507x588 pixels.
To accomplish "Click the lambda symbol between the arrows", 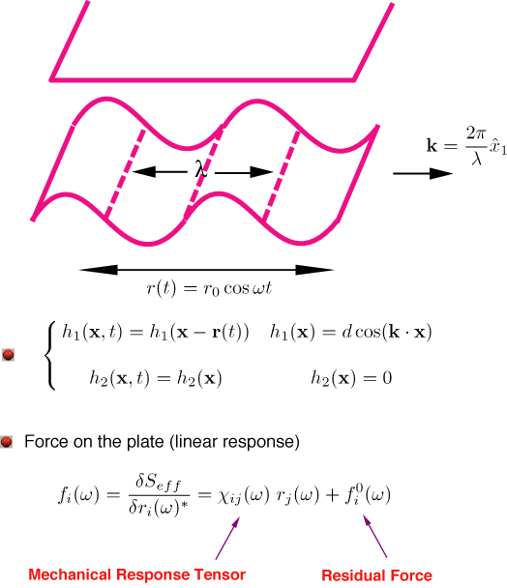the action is click(x=201, y=168).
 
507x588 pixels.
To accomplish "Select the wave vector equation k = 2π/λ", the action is click(x=466, y=145).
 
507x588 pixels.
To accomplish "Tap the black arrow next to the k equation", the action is click(x=423, y=173).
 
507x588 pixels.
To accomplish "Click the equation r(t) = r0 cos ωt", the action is click(x=209, y=288).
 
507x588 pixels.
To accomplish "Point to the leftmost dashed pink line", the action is click(x=125, y=173).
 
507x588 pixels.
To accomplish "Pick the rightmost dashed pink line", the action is click(x=282, y=175).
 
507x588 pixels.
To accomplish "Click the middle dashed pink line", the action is click(x=204, y=172).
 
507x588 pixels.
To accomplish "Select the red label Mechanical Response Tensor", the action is click(x=137, y=574).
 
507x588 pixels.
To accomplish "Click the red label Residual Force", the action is click(x=376, y=575).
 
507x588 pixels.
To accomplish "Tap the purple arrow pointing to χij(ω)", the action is click(x=227, y=538).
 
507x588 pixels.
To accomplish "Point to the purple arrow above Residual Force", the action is click(x=374, y=536).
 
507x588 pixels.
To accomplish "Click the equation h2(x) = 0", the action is click(x=351, y=378).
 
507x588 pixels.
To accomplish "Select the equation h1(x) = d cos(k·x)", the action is click(x=351, y=332).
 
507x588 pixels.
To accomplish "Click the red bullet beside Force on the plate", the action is click(x=6, y=442).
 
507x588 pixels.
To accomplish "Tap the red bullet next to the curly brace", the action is click(x=8, y=354).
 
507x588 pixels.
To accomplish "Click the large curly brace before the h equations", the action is click(x=50, y=355).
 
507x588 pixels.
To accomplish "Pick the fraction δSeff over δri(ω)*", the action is click(x=159, y=496).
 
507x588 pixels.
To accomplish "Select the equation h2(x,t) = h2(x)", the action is click(x=156, y=378).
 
